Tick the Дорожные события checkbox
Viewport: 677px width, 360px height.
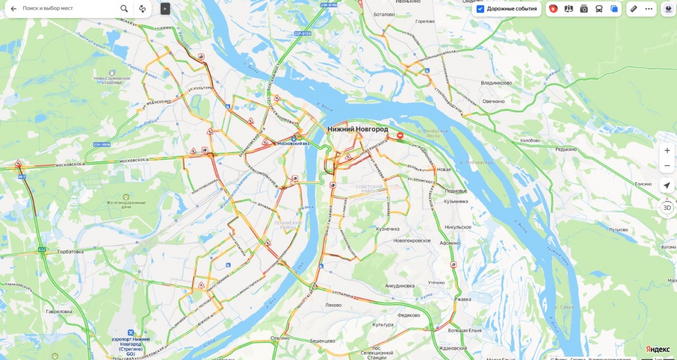(480, 9)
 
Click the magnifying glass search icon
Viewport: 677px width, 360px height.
(124, 9)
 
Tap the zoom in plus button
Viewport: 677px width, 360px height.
(667, 151)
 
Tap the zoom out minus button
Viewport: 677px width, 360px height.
(667, 165)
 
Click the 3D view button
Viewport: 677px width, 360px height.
(667, 208)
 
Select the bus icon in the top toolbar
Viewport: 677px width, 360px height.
(599, 9)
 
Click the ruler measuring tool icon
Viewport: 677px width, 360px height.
(634, 9)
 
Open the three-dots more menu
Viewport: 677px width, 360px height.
(649, 9)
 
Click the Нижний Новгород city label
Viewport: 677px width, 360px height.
(358, 129)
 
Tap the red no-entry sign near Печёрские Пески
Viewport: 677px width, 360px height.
(400, 136)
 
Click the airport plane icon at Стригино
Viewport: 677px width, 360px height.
(131, 332)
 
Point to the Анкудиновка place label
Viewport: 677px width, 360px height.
(400, 286)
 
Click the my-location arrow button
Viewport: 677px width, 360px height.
(667, 186)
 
